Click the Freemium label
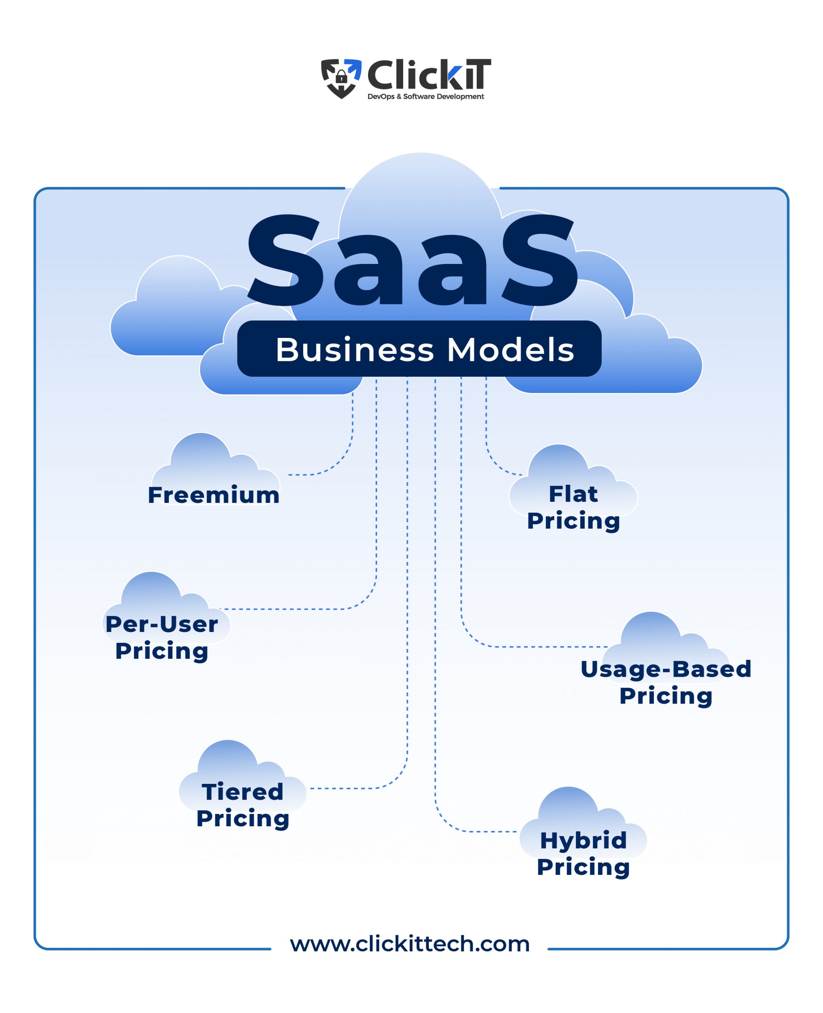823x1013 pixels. click(x=213, y=495)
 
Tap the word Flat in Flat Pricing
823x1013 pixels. click(x=573, y=494)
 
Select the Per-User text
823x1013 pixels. click(x=162, y=624)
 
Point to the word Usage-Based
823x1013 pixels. click(x=666, y=670)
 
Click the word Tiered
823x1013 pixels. click(x=242, y=792)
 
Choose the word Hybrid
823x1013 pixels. click(x=583, y=840)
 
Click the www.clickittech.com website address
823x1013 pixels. click(x=410, y=944)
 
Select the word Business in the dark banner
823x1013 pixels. click(x=355, y=350)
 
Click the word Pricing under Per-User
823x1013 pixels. click(x=162, y=651)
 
